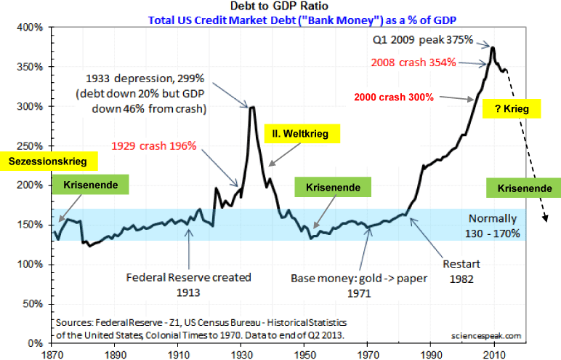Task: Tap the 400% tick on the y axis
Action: pos(34,28)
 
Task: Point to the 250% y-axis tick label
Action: pos(34,145)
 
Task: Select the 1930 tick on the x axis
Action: pos(239,351)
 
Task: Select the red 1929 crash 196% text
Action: pos(153,145)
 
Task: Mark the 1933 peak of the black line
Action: pos(251,107)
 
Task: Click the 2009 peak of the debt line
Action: pos(493,48)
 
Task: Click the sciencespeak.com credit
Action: pos(486,335)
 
